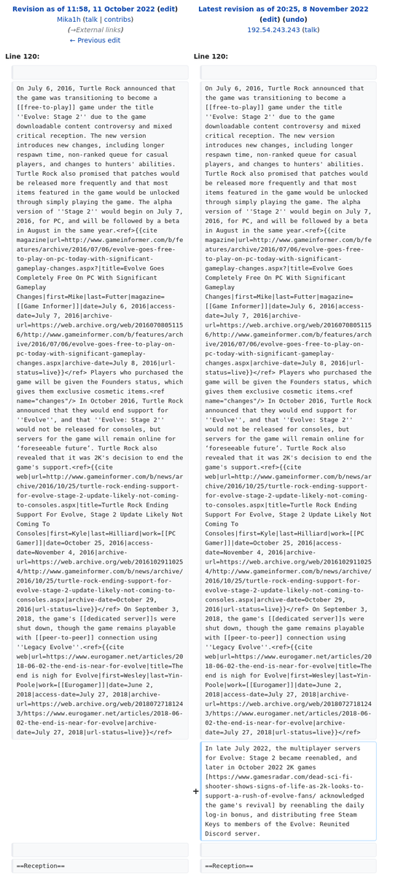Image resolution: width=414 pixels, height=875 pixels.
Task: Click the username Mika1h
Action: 69,20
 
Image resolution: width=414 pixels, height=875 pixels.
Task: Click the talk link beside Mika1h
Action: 91,20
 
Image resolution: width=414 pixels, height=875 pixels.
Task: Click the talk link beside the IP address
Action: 310,30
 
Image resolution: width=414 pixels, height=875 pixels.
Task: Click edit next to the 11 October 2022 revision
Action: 168,9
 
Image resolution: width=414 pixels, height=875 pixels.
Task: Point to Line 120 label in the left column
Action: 23,56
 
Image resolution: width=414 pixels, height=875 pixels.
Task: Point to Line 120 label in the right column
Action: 211,56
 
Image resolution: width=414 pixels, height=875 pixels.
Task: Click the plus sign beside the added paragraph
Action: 195,791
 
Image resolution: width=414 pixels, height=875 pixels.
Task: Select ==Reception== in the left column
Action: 41,866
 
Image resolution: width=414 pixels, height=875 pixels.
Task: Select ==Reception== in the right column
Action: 229,866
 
